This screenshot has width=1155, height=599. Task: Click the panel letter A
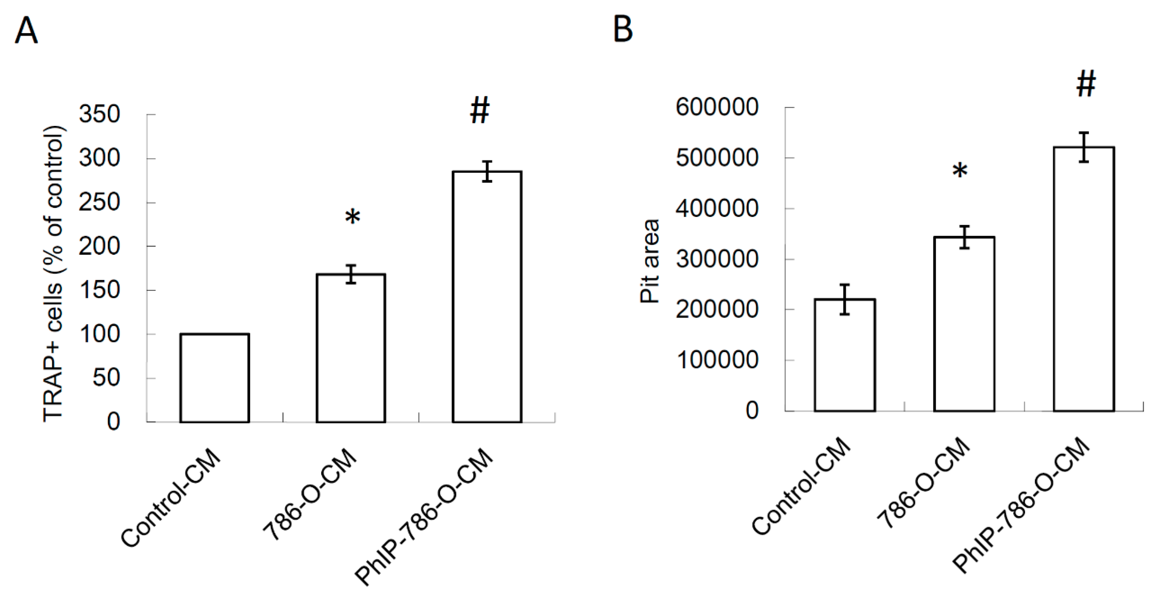point(26,30)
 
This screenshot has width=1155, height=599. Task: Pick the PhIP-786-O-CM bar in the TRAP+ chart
point(487,296)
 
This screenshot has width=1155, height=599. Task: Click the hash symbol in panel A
point(479,112)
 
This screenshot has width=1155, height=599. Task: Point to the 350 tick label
point(100,114)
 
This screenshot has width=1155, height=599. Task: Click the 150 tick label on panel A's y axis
point(100,290)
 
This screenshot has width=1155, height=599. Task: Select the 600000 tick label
point(717,108)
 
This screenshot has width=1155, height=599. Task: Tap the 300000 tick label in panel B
point(717,259)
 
